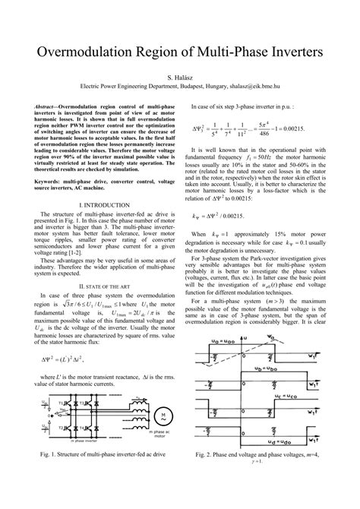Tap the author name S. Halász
click(179, 77)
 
